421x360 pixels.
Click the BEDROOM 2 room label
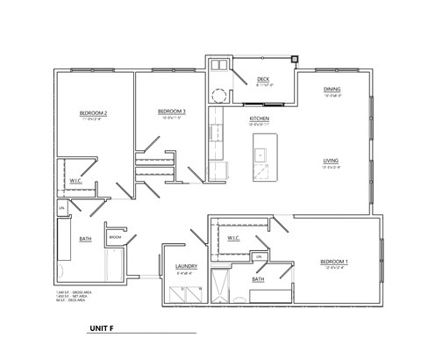point(93,113)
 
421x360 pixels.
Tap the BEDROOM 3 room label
point(171,112)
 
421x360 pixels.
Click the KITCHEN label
point(259,119)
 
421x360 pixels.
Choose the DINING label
point(332,90)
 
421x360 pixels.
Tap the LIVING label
point(332,161)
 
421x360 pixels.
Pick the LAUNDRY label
point(185,266)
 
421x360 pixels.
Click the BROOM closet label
point(115,236)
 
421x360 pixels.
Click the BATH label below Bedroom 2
point(85,239)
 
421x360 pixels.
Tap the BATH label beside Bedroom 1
point(258,279)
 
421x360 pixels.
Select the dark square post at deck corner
point(296,60)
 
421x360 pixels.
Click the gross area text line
point(72,289)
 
